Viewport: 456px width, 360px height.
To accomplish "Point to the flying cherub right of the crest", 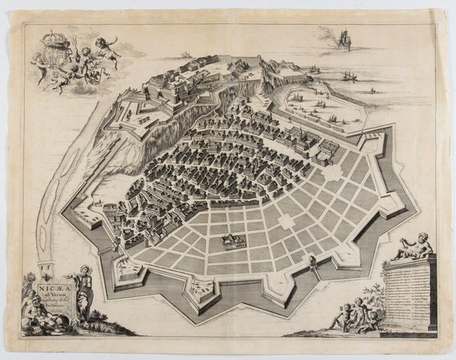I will coord(106,43).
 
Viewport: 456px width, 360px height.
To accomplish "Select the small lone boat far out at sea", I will coord(372,90).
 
